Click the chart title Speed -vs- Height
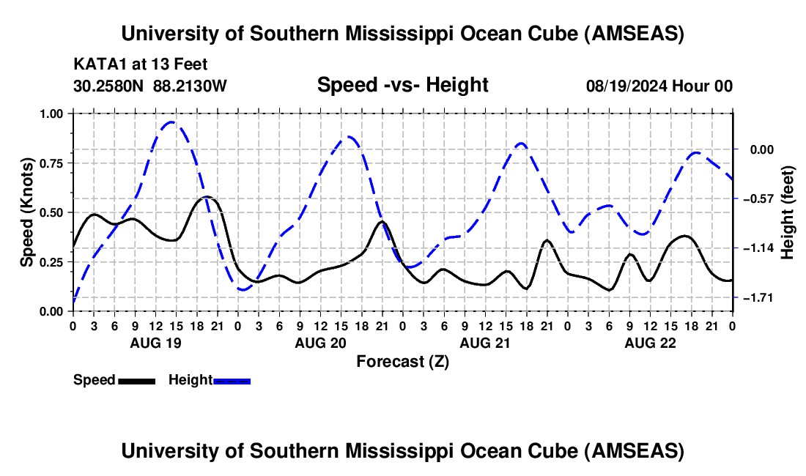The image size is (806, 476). (402, 86)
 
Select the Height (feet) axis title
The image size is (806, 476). (788, 212)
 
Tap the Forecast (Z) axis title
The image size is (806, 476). (402, 361)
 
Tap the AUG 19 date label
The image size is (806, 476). (155, 343)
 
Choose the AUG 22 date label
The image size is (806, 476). (649, 343)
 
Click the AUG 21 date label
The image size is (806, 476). (484, 343)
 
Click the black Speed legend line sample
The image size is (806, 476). (137, 380)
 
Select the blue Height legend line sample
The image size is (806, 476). (232, 380)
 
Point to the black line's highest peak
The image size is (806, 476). (207, 196)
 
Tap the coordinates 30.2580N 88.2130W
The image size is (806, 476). (150, 86)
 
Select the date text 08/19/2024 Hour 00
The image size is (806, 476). (659, 86)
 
